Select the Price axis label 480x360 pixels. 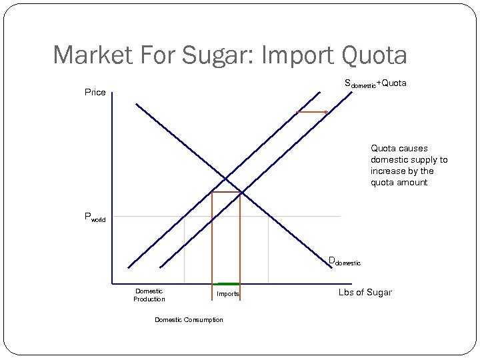click(95, 92)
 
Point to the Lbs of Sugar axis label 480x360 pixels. click(365, 293)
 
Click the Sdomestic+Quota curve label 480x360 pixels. click(375, 84)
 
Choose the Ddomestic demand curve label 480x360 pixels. click(344, 261)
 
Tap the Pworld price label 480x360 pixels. click(94, 217)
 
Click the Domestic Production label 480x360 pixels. click(149, 295)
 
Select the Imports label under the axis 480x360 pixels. click(227, 294)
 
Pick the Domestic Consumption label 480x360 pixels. click(189, 320)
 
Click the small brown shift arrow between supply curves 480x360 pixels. click(312, 112)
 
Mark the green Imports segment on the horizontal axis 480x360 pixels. click(226, 284)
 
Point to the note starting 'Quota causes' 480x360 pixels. click(409, 165)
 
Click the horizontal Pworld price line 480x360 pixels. click(300, 216)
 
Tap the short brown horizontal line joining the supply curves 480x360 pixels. click(226, 192)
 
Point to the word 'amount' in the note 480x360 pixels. click(413, 183)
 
